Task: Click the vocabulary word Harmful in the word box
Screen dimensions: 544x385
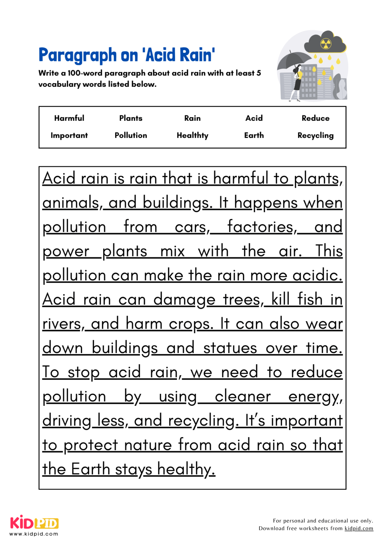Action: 69,118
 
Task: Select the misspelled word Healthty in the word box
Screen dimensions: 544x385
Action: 192,136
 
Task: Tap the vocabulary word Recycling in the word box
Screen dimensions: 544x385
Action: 316,136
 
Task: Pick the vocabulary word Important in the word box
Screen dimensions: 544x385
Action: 69,136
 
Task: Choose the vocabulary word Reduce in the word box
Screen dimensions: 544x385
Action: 316,118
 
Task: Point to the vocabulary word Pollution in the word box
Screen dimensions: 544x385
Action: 131,136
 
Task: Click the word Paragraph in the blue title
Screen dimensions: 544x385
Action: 77,56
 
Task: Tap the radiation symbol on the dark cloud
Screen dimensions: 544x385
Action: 325,44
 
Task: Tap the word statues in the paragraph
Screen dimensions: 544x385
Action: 230,348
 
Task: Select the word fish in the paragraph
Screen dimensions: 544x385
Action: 309,300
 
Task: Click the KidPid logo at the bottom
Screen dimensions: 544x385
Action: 34,524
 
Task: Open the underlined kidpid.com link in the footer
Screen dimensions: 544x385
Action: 359,528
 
